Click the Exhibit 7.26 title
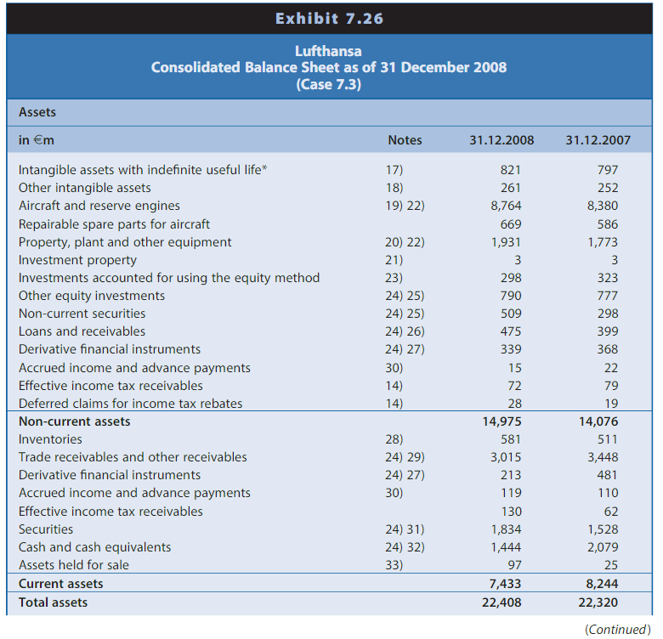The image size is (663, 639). [x=329, y=18]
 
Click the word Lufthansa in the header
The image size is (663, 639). [x=329, y=51]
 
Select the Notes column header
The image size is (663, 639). [x=405, y=140]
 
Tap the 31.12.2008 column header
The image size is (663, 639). [x=501, y=140]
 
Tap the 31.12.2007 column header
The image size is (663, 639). [x=598, y=140]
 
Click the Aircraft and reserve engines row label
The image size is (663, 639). [x=99, y=206]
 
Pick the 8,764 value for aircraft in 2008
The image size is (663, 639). [x=507, y=206]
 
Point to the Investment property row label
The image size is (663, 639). [x=77, y=260]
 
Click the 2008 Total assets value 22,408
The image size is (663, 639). [x=501, y=602]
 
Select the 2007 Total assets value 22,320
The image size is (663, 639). [x=598, y=602]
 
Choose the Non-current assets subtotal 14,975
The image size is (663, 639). [x=501, y=421]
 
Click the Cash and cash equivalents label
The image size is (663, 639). [x=94, y=547]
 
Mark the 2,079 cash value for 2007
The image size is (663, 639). [x=603, y=547]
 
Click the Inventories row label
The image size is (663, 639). [x=50, y=439]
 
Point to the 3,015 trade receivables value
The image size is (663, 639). [x=507, y=457]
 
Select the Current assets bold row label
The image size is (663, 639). [x=60, y=584]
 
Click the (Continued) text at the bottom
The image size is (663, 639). [x=616, y=629]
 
